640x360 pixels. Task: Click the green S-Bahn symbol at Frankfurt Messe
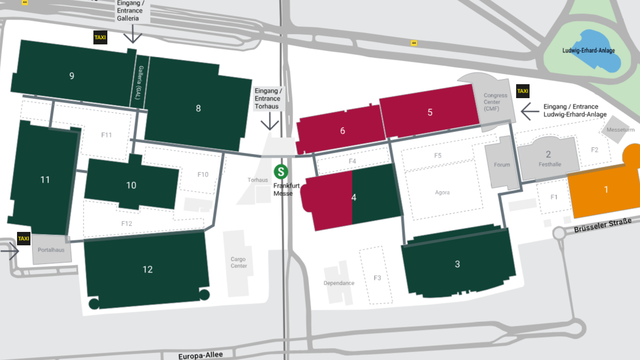[281, 171]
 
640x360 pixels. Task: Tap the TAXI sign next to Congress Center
[522, 91]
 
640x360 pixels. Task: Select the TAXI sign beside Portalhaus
[24, 239]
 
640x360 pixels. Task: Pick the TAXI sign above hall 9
[100, 38]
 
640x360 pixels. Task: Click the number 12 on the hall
[148, 269]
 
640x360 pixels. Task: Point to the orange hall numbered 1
[606, 190]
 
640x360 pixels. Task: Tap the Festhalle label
[550, 164]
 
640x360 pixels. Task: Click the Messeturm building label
[621, 130]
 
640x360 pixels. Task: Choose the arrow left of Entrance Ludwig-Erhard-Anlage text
[529, 111]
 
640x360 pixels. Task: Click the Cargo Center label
[238, 262]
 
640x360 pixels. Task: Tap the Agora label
[442, 192]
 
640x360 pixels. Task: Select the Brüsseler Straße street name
[602, 225]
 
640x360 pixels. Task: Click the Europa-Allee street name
[201, 355]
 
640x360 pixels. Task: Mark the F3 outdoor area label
[377, 278]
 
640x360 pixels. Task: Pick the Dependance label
[339, 283]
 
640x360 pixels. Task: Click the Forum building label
[502, 165]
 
